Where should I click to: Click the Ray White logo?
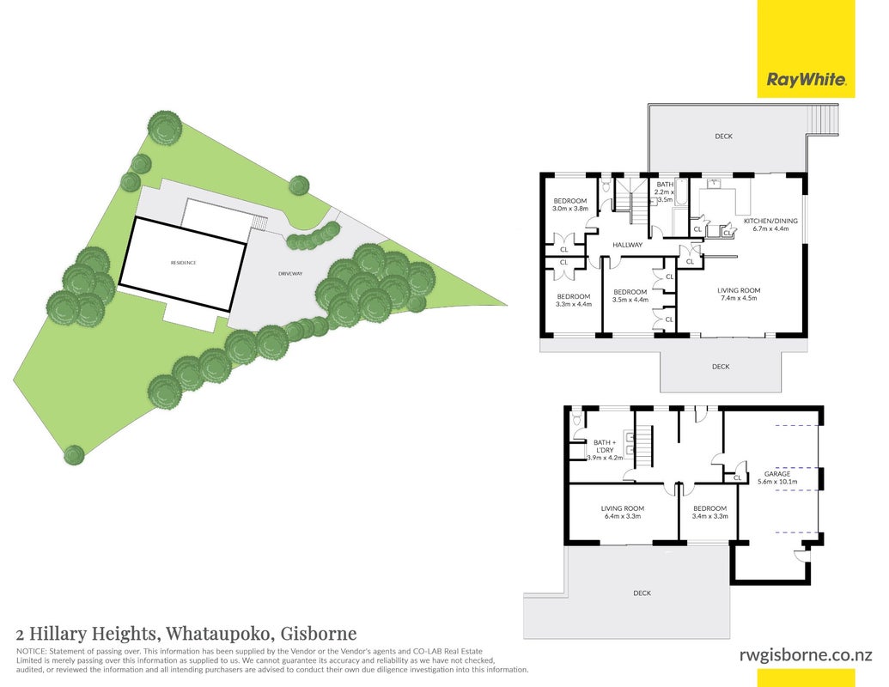806,79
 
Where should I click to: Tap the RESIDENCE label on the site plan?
184,263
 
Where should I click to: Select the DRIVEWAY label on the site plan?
290,274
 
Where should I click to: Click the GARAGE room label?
776,474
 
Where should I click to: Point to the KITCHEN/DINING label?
770,221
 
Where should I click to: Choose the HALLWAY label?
628,245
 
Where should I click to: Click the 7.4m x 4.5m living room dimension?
738,298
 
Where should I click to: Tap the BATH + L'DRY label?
604,446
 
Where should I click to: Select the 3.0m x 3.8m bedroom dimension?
570,209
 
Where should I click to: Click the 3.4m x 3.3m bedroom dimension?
709,516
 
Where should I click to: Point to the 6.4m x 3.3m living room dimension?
623,516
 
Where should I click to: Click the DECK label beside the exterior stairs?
723,136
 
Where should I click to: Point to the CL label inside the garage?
738,477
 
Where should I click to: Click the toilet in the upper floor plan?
606,186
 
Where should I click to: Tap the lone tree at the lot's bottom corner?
74,454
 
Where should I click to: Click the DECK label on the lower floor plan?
642,593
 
